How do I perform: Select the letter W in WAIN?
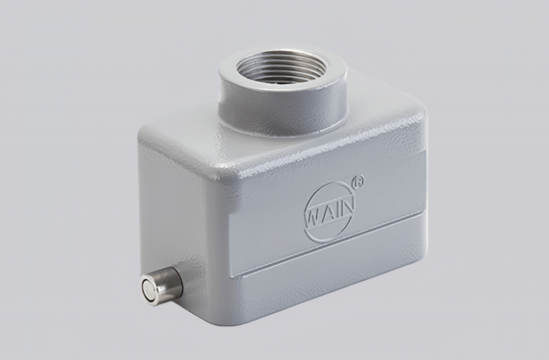314,215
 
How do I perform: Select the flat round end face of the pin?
149,289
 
